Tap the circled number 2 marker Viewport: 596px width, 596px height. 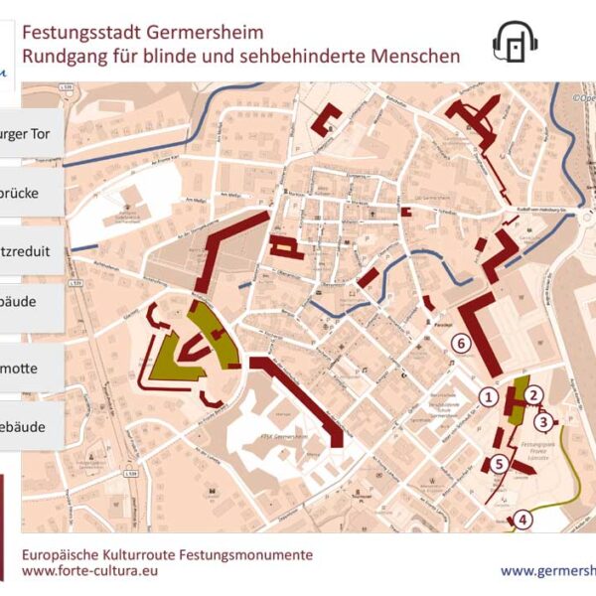click(x=533, y=395)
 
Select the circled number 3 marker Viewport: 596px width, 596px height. click(x=542, y=420)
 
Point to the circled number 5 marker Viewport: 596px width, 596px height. click(x=498, y=463)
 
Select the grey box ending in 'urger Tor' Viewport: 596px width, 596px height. click(x=32, y=132)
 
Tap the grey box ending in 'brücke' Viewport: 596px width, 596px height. click(x=32, y=192)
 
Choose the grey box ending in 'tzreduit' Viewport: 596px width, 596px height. click(x=32, y=251)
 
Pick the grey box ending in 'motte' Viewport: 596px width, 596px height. click(x=32, y=369)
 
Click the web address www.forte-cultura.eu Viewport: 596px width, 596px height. click(x=89, y=571)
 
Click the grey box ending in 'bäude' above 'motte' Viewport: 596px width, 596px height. click(x=32, y=310)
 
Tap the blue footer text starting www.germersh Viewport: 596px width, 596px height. click(x=546, y=571)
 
